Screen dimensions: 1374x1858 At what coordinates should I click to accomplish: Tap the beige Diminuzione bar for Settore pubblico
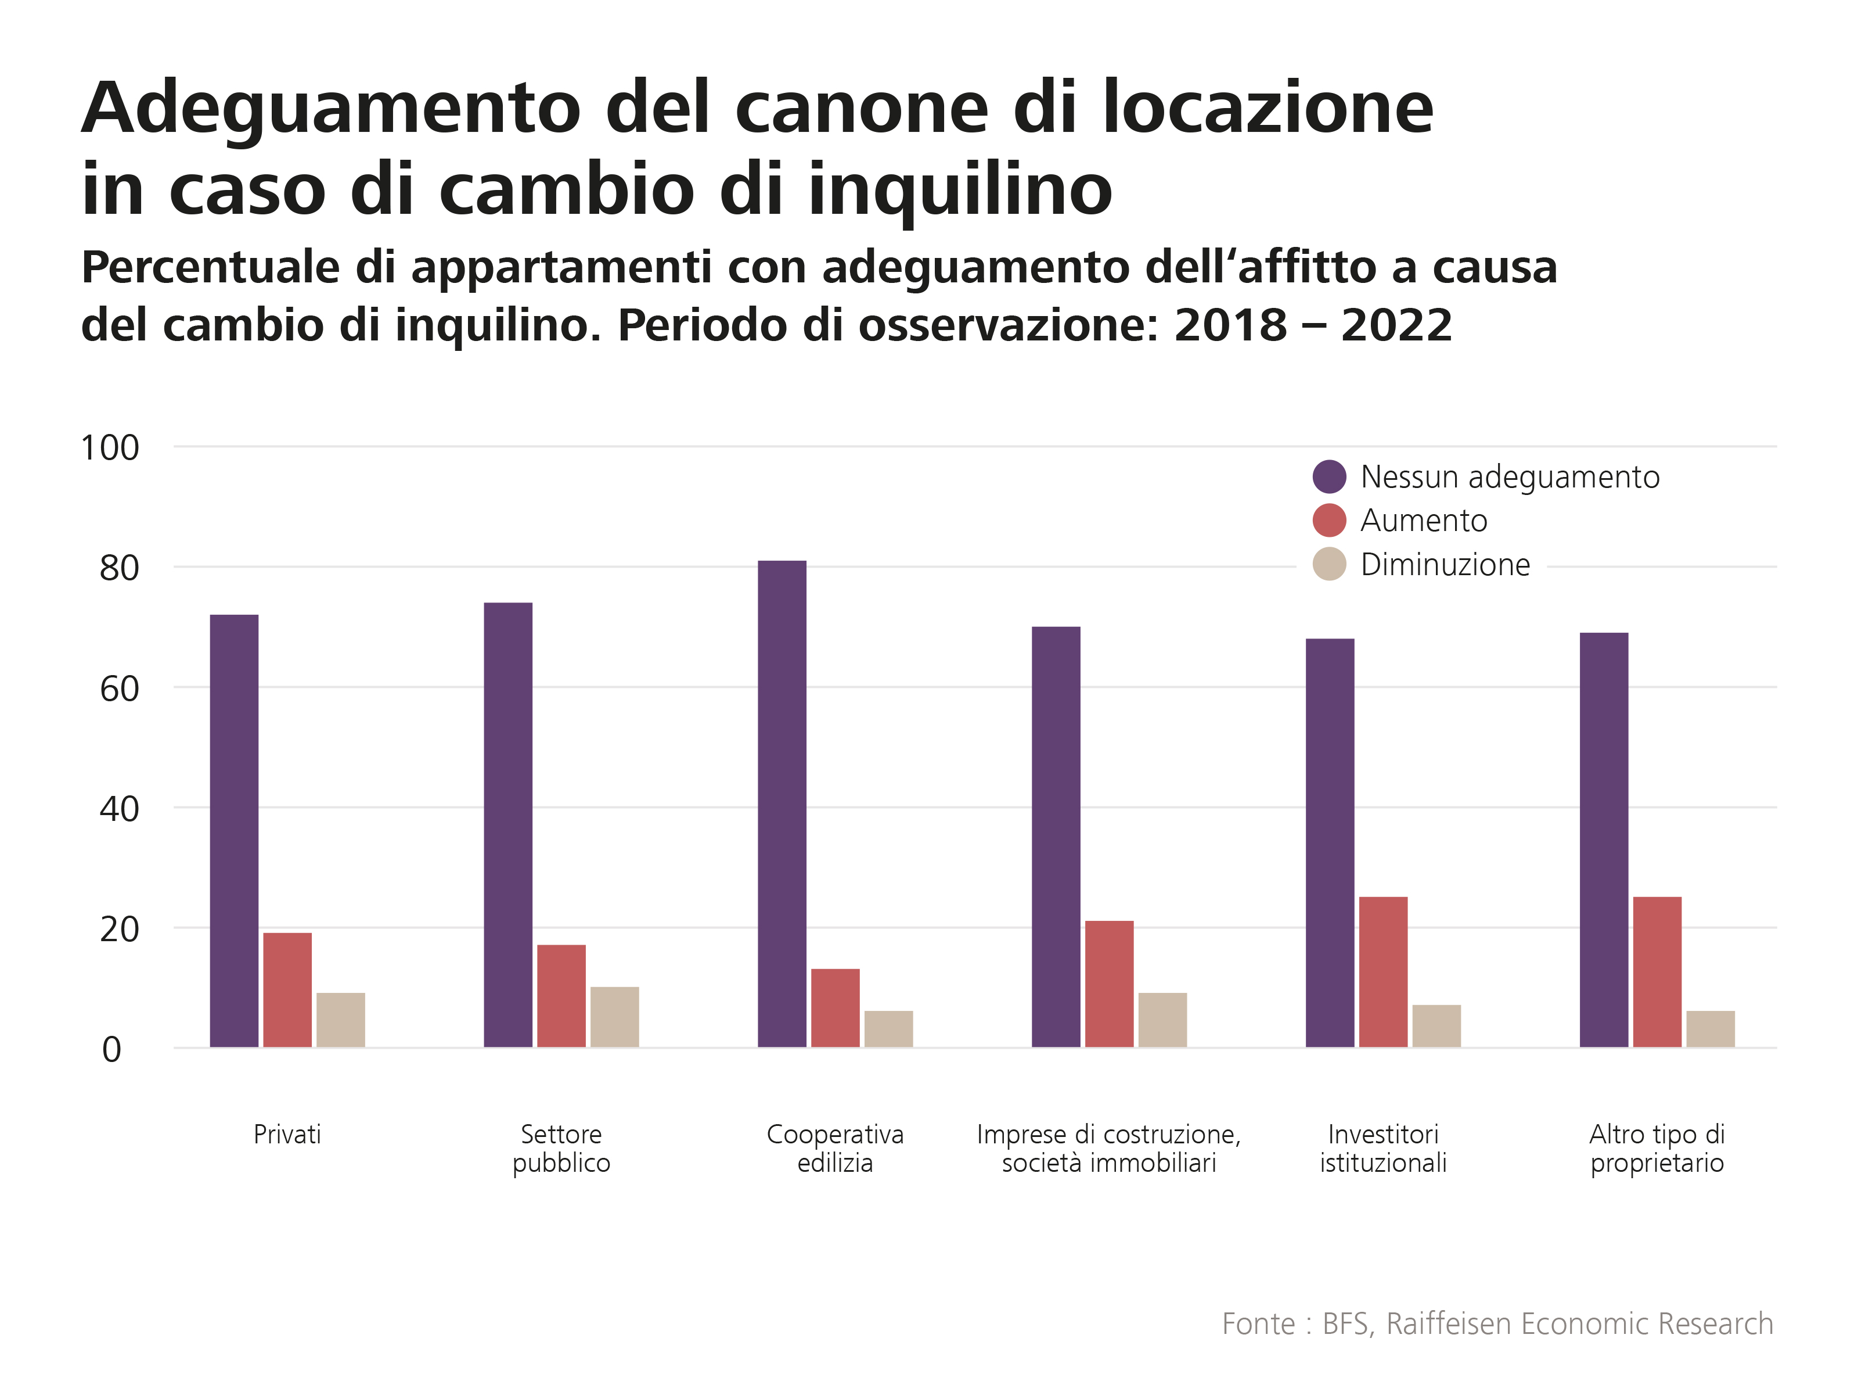614,1016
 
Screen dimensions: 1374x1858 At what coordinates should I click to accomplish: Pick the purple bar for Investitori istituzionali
1329,842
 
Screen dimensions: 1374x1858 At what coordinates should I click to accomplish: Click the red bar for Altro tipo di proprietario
1657,971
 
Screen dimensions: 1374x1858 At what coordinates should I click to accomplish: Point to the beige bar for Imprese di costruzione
1162,1020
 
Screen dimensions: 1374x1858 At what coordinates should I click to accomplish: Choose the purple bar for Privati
233,830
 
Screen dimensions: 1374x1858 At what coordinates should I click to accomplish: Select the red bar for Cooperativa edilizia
834,1007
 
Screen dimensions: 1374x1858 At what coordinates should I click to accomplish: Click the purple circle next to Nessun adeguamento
1328,476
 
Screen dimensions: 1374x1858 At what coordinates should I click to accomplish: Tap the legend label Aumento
1423,521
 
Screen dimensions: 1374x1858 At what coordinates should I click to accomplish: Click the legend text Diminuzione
1445,565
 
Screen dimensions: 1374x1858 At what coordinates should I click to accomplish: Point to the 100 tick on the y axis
110,449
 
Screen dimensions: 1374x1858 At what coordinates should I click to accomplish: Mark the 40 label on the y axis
119,809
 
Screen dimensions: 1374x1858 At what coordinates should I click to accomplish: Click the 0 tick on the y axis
111,1050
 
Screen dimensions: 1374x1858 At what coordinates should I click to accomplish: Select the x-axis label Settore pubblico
561,1148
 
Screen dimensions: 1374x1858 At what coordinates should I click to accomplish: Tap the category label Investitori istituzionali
1382,1148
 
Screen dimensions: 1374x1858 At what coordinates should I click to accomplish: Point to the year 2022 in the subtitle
1396,325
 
